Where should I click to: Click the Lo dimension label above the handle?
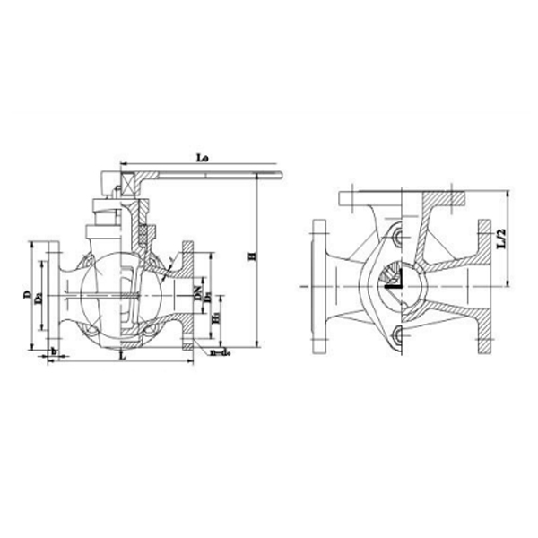click(x=202, y=157)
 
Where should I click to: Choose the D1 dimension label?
click(x=208, y=296)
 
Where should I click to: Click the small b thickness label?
click(x=56, y=353)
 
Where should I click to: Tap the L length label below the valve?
click(x=121, y=356)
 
